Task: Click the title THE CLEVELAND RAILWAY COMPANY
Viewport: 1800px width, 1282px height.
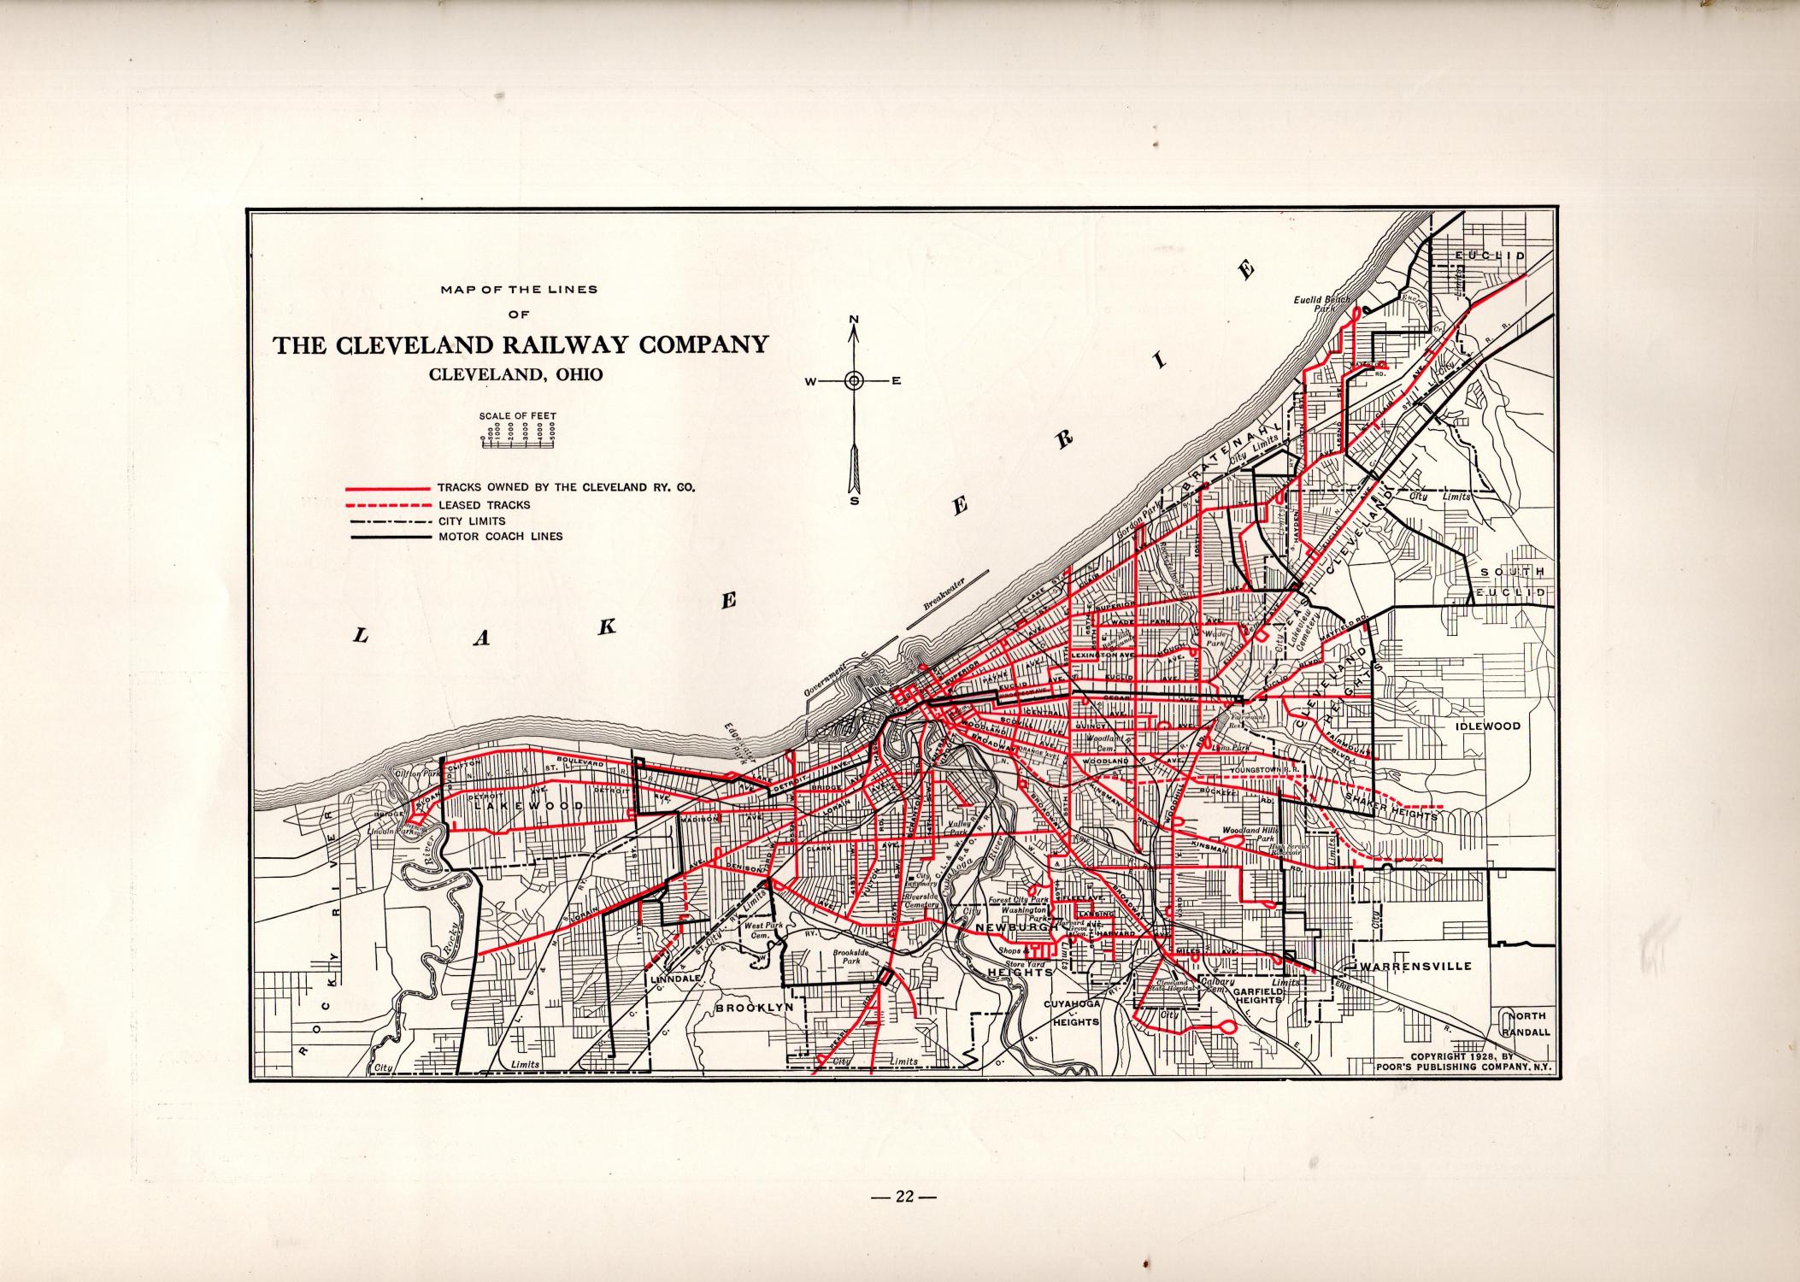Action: tap(520, 344)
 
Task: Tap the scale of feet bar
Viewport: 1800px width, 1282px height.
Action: tap(518, 442)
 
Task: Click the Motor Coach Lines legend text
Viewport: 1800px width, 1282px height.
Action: tap(500, 537)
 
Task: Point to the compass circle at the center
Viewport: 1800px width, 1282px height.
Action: tap(854, 381)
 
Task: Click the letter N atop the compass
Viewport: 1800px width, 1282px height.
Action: tap(854, 320)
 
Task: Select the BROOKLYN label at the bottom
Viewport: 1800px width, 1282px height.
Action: tap(755, 1007)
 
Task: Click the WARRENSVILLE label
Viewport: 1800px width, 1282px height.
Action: tap(1420, 966)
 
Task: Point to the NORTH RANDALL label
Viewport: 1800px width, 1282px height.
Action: tap(1525, 1024)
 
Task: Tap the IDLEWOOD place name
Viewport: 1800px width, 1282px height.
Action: tap(1488, 726)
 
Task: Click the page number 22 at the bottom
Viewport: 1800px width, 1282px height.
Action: tap(904, 1197)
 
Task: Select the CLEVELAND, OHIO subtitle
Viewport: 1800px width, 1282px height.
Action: tap(515, 374)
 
